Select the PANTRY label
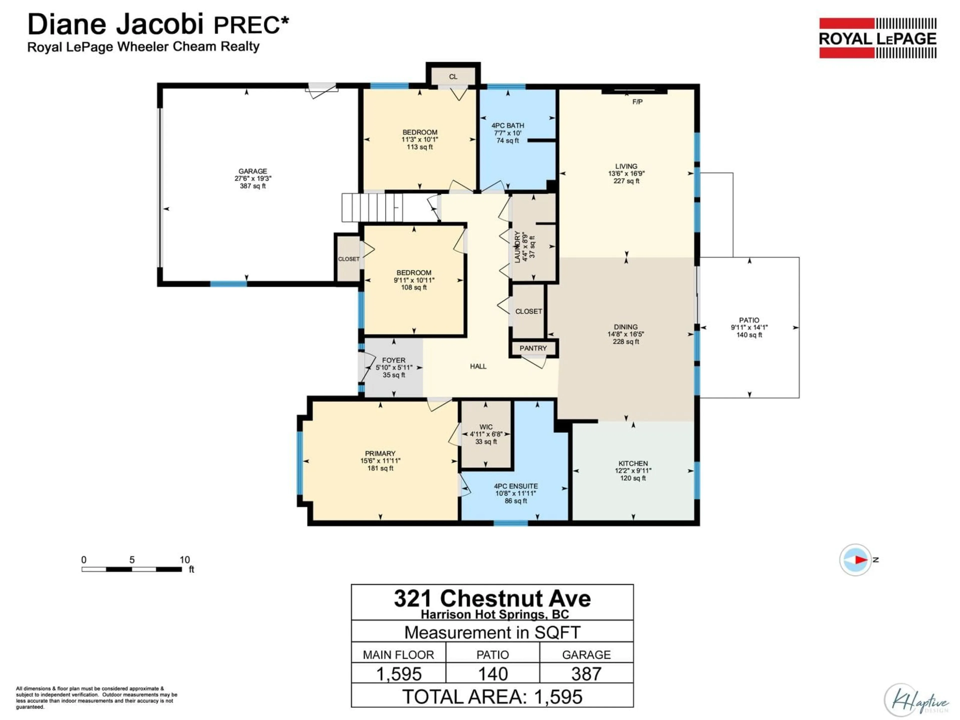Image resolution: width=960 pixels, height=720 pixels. coord(533,348)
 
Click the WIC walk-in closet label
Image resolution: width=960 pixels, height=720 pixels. coord(486,427)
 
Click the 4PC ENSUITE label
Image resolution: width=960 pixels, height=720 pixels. coord(515,486)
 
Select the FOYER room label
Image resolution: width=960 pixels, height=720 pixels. coord(394,360)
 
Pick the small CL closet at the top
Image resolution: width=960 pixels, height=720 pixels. coord(453,77)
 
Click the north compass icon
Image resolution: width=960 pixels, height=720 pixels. coord(855,559)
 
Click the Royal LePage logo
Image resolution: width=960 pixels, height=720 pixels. coord(877,38)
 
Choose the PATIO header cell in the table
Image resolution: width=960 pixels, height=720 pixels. coord(492,654)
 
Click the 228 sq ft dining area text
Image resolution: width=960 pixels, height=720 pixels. coord(625,341)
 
